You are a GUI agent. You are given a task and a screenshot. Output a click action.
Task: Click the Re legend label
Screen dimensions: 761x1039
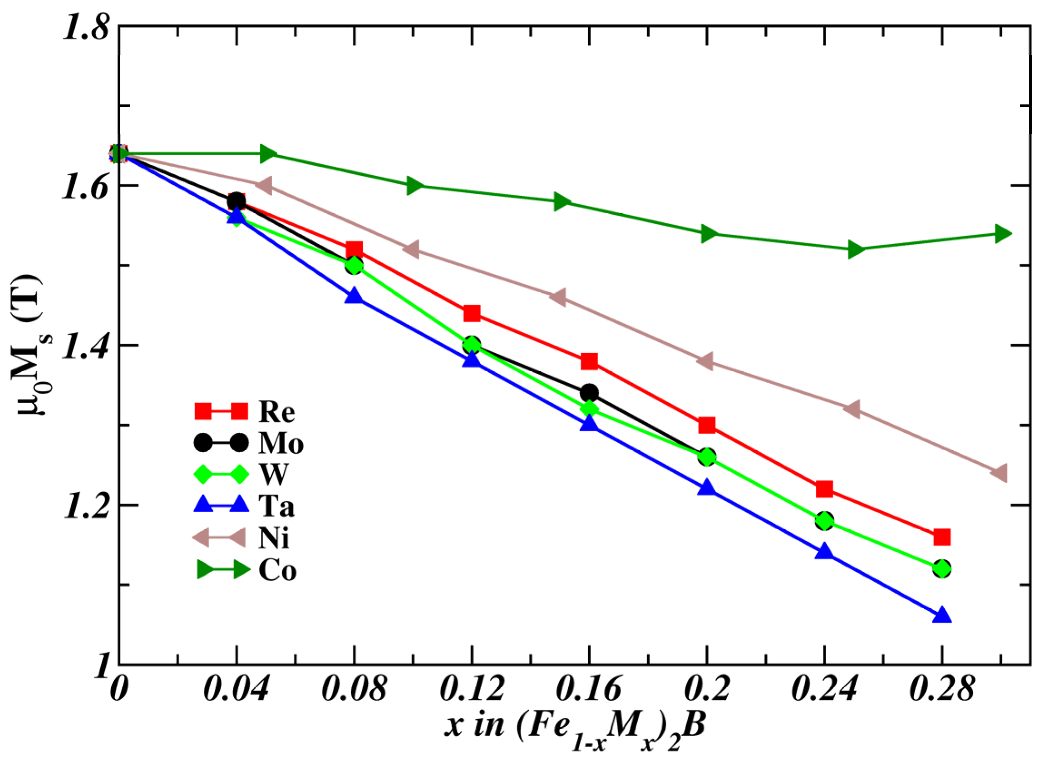[x=276, y=411]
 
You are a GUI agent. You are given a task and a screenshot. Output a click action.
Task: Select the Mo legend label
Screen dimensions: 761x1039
[x=281, y=444]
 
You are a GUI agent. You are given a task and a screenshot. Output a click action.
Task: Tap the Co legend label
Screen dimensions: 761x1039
[x=277, y=571]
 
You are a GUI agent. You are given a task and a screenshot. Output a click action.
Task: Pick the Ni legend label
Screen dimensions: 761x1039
[x=274, y=539]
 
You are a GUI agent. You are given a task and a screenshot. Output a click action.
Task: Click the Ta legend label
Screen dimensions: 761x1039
[x=276, y=507]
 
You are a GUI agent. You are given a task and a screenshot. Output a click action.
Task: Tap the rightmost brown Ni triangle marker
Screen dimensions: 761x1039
[x=1000, y=473]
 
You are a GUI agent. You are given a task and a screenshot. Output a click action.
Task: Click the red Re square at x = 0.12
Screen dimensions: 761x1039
[x=472, y=314]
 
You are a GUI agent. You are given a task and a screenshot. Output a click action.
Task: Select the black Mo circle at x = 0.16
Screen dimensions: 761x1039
[x=589, y=393]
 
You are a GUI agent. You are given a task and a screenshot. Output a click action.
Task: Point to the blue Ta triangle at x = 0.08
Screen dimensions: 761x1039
[x=354, y=296]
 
